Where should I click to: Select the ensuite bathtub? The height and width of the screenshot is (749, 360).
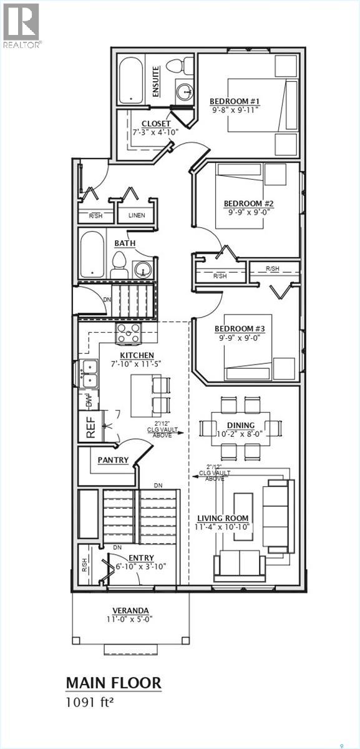click(x=132, y=80)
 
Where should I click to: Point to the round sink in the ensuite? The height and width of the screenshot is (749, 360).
click(x=184, y=92)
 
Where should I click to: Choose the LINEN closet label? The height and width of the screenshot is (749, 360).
click(x=136, y=215)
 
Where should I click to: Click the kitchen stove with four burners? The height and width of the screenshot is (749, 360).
click(x=128, y=333)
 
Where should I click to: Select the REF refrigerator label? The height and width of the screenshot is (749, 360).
click(x=90, y=426)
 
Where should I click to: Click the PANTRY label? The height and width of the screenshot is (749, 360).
click(x=113, y=461)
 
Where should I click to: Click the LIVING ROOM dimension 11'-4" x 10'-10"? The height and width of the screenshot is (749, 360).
click(x=223, y=527)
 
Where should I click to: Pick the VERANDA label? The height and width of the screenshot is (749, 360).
click(x=131, y=610)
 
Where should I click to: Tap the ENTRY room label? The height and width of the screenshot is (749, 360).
click(x=141, y=558)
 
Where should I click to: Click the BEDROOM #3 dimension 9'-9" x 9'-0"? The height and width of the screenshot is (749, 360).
click(x=239, y=338)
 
